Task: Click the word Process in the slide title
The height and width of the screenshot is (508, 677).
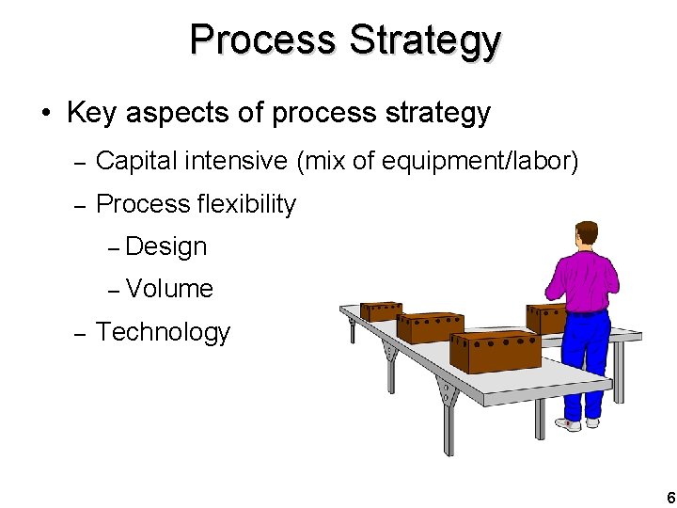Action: (x=262, y=40)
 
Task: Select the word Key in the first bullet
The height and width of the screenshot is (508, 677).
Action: (x=92, y=114)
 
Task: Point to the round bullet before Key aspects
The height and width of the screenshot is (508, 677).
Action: (x=44, y=115)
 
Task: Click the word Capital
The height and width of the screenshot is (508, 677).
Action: (x=136, y=162)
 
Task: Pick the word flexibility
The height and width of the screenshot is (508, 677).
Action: (x=246, y=204)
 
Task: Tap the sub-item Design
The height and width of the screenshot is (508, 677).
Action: (x=165, y=246)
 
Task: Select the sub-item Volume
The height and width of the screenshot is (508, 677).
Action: (x=169, y=289)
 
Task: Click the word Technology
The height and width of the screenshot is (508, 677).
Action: (x=163, y=332)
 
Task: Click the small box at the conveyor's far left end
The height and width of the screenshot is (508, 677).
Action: (x=382, y=311)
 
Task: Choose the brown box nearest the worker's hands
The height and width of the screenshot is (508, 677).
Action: (x=544, y=318)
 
